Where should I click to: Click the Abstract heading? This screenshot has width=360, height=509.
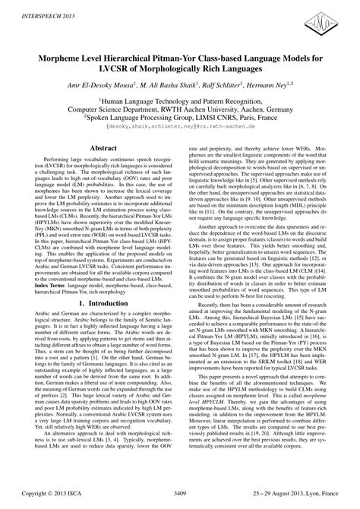(92, 150)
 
